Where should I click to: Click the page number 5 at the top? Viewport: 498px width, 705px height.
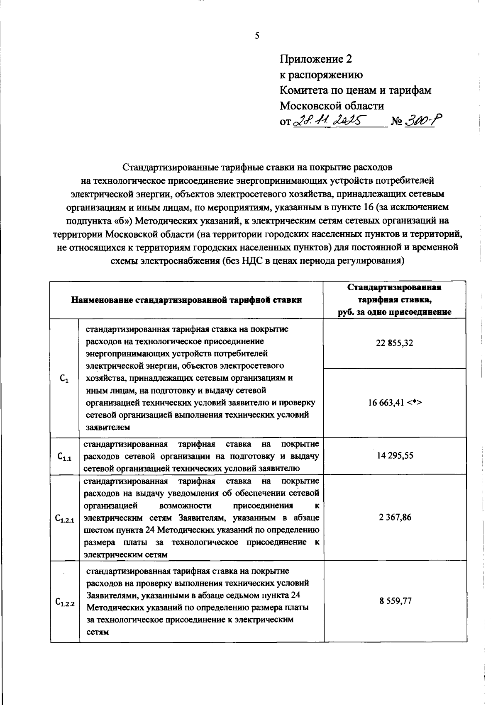[257, 36]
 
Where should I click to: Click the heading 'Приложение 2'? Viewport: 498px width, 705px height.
[315, 59]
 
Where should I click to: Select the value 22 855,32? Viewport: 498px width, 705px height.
[394, 343]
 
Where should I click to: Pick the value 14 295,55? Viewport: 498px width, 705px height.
[395, 456]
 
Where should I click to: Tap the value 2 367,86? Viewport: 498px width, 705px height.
[395, 517]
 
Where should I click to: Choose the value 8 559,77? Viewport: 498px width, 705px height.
[395, 601]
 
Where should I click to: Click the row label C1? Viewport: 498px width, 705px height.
[64, 378]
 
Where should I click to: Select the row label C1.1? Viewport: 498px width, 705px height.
[64, 457]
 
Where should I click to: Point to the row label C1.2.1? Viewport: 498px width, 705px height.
[64, 518]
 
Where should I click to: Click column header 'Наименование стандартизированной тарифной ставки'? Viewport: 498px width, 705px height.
[186, 300]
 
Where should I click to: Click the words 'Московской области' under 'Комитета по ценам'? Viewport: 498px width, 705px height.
[332, 105]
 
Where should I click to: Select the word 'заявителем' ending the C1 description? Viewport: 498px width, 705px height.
[108, 427]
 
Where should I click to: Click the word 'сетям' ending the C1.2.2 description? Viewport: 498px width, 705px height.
[98, 632]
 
